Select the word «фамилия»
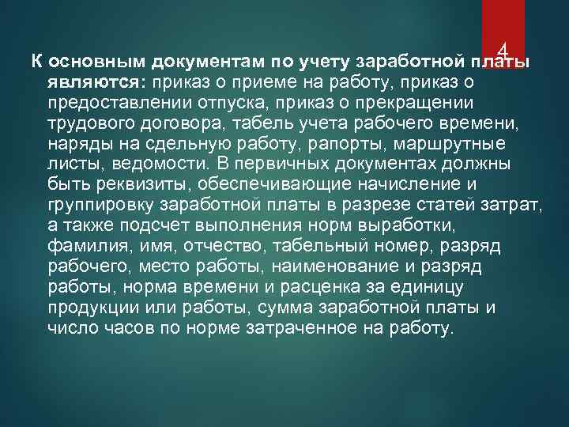(x=88, y=246)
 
